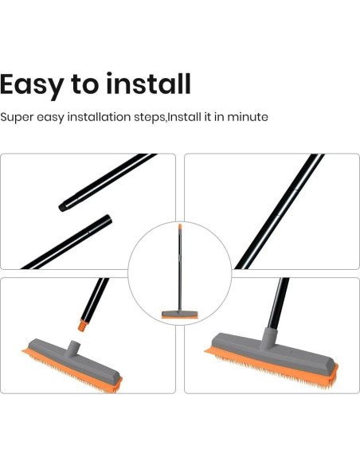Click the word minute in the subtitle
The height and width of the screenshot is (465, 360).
248,117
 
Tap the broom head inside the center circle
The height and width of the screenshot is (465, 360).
179,313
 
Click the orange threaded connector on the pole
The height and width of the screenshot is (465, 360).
81,324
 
